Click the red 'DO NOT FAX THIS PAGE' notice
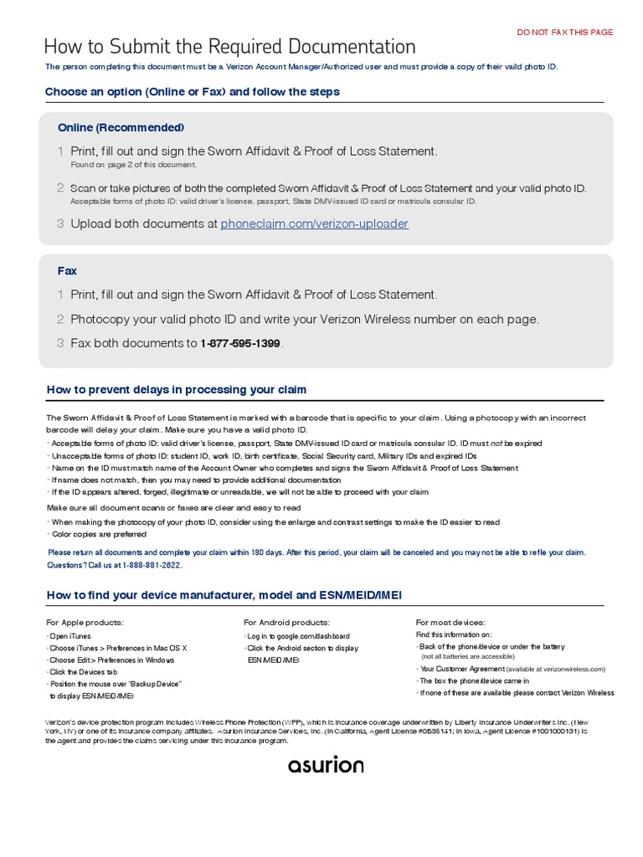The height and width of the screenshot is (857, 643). click(x=565, y=32)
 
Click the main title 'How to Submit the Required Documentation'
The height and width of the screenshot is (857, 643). click(x=229, y=47)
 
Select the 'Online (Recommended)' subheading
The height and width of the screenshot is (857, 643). click(x=121, y=127)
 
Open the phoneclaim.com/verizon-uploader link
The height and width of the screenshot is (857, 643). click(x=314, y=223)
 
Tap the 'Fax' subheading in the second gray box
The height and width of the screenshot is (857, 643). click(x=67, y=271)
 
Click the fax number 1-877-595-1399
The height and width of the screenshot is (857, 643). click(x=240, y=343)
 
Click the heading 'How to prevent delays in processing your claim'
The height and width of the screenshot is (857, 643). click(x=176, y=389)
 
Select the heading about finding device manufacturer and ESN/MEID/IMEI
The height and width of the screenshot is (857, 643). click(x=224, y=594)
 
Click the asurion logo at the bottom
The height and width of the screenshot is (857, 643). click(x=326, y=765)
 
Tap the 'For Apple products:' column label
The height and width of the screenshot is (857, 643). click(x=85, y=623)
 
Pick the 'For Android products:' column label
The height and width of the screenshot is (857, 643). click(x=286, y=623)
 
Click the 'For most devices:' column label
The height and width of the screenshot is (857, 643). click(x=450, y=623)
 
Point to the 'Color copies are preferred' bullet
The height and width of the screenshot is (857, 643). click(x=98, y=534)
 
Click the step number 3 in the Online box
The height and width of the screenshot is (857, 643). click(x=60, y=223)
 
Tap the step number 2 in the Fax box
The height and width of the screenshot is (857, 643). click(x=60, y=319)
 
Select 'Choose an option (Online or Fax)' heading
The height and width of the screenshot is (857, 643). click(x=192, y=91)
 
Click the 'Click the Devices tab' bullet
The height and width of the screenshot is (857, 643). click(x=83, y=671)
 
